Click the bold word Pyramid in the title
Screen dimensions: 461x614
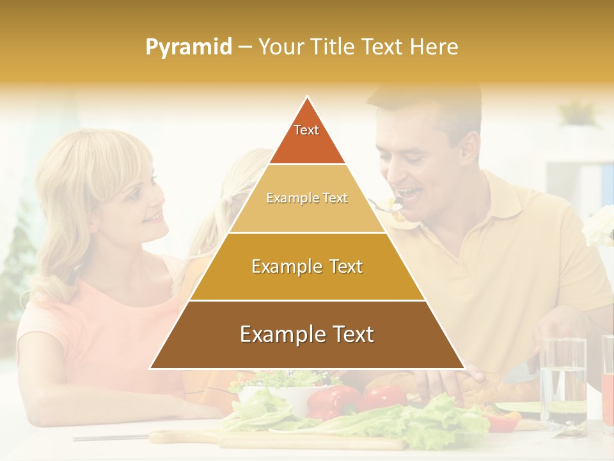pos(189,47)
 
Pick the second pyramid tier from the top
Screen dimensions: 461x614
pos(307,198)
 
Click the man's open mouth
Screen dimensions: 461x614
pos(409,193)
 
